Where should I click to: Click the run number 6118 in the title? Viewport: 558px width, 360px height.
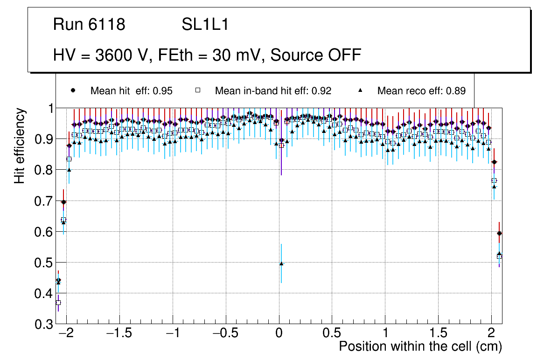pos(108,25)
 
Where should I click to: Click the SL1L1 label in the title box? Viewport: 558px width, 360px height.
pos(205,25)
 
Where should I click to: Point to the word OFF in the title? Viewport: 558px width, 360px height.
pos(345,55)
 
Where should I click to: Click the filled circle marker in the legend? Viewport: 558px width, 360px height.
pos(73,90)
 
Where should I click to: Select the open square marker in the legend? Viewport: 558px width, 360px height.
pos(197,90)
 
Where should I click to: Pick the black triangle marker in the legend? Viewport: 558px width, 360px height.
pos(360,90)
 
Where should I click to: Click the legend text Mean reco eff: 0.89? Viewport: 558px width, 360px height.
pos(421,91)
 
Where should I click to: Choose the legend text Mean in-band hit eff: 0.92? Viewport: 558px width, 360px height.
pos(273,91)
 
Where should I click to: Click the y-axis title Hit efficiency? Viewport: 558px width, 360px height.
pos(20,145)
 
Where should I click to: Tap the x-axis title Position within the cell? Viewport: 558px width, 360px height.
pos(420,346)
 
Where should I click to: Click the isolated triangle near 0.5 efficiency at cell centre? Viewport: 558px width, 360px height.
pos(281,263)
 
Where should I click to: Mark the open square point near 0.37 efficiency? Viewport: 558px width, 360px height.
pos(58,303)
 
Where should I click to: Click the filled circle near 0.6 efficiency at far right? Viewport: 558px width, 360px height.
pos(499,233)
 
